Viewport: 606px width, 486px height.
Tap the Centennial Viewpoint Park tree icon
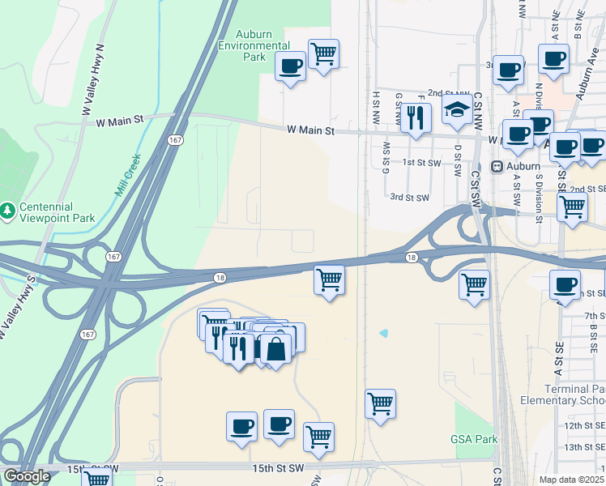[x=8, y=211]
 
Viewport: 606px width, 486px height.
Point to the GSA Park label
[x=473, y=439]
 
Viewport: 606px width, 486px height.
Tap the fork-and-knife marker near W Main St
[x=416, y=118]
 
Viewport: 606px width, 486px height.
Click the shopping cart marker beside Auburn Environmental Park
[x=324, y=53]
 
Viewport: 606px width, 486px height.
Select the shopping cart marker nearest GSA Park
[x=380, y=403]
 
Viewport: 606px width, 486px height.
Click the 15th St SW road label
[x=93, y=469]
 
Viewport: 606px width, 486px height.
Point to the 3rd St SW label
[x=408, y=197]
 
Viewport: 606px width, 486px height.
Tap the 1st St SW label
[x=421, y=162]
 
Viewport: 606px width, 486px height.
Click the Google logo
[x=27, y=476]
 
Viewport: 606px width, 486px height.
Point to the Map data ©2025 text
[x=571, y=480]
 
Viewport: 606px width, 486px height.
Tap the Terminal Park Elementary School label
[x=574, y=394]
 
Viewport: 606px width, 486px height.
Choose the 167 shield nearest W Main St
[x=175, y=140]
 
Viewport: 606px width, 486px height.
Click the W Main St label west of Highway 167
[x=119, y=121]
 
